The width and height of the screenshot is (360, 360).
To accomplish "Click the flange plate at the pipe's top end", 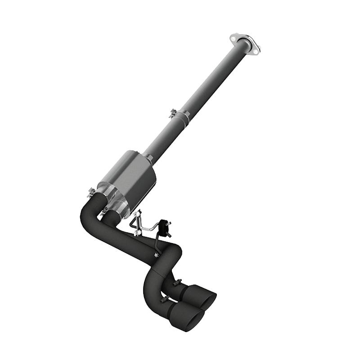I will point(245,43).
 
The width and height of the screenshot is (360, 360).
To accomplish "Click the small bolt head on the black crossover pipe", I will point(156,256).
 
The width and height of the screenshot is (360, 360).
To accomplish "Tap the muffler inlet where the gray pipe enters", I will point(149,157).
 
